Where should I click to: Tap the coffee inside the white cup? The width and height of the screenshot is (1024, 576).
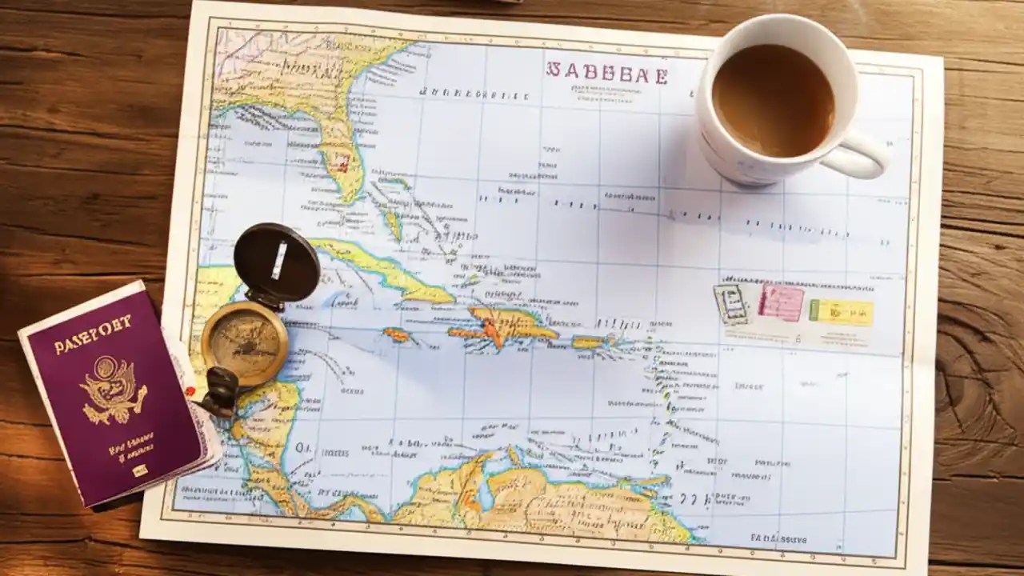(772, 100)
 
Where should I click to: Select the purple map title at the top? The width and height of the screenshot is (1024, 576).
(606, 73)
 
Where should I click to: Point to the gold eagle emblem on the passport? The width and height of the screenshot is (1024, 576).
(113, 389)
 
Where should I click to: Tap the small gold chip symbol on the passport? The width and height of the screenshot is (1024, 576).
(140, 470)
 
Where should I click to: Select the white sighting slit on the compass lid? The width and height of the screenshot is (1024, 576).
(278, 260)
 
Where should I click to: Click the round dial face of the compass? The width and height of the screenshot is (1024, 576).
(244, 342)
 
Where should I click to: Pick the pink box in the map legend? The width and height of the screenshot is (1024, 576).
(780, 303)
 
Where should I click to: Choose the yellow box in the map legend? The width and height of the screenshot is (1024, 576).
(842, 311)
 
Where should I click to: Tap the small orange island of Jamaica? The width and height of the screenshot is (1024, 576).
(396, 334)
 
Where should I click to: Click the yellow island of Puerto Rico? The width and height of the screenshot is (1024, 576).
(590, 342)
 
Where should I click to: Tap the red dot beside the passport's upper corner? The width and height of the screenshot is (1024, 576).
(190, 390)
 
